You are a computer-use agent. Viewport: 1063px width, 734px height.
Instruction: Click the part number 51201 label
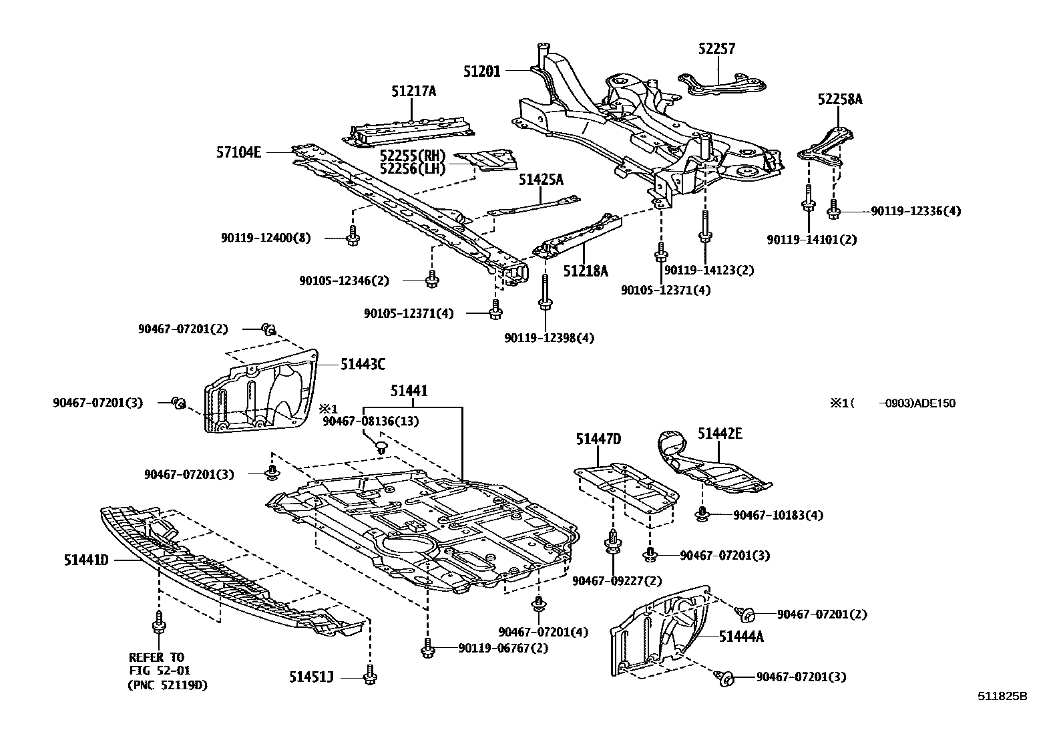coord(481,70)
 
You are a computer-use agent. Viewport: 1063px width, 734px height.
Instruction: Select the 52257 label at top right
coord(717,49)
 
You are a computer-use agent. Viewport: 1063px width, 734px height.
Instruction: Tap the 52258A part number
coord(840,100)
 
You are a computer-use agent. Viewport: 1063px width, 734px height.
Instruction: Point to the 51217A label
coord(413,91)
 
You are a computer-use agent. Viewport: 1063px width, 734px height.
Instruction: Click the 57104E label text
coord(238,152)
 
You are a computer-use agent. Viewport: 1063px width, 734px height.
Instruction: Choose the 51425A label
coord(542,180)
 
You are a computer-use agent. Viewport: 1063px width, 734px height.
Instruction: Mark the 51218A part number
coord(586,270)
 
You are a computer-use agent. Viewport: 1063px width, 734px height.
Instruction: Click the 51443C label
coord(363,364)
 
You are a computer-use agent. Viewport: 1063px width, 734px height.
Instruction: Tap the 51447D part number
coord(598,439)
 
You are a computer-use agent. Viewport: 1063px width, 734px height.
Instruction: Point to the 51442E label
coord(720,433)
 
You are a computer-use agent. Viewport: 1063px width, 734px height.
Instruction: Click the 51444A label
coord(741,636)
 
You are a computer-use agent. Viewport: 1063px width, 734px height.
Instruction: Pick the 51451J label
coord(311,677)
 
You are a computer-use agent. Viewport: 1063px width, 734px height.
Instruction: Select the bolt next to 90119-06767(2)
coord(428,647)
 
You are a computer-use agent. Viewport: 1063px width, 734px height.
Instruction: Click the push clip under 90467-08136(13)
coord(381,445)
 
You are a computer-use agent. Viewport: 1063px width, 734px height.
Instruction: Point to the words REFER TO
coord(156,657)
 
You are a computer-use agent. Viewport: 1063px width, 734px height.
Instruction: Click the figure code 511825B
coord(1002,695)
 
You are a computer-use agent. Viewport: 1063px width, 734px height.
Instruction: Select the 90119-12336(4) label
coord(915,211)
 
